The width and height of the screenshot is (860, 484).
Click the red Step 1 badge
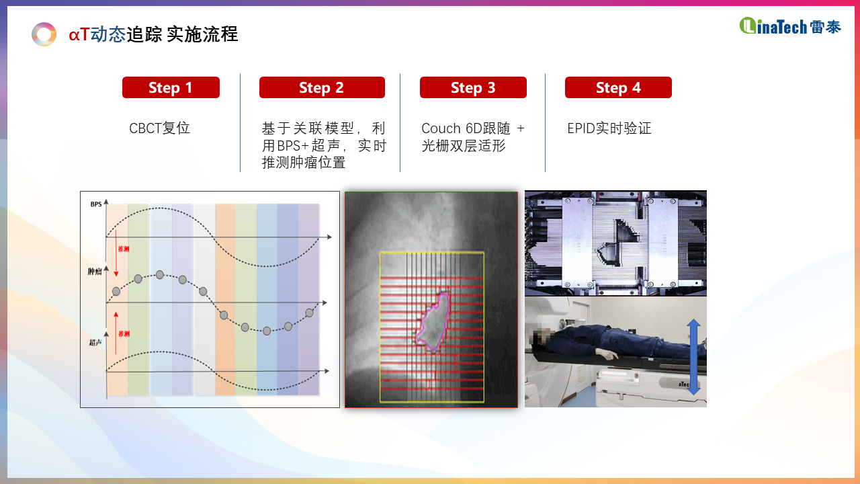point(171,87)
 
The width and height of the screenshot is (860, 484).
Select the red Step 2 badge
point(322,87)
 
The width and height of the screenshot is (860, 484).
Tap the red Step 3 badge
point(473,87)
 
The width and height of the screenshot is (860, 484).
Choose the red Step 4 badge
point(618,87)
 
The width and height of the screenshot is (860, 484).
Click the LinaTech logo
point(790,26)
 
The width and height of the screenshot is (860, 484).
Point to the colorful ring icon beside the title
point(44,34)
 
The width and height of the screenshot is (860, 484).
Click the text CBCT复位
point(159,128)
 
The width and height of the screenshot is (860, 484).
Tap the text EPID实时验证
point(609,128)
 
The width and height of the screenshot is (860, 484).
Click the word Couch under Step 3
point(441,128)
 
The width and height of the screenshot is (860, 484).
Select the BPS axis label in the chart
point(96,204)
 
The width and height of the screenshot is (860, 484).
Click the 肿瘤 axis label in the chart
point(95,272)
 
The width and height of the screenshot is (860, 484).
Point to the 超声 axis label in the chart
point(95,342)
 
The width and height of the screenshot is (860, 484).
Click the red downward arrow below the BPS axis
point(116,253)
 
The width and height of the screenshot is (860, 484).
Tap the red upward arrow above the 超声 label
point(116,333)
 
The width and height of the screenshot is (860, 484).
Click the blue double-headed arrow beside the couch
point(693,357)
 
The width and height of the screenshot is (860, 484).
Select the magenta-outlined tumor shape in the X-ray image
point(434,322)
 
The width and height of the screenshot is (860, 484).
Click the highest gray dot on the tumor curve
point(160,275)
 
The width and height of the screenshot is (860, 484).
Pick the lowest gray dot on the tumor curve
point(267,331)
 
